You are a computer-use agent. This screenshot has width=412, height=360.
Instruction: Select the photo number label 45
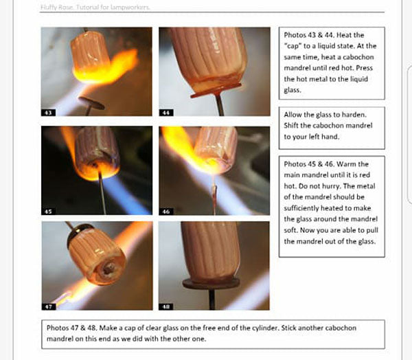(48, 212)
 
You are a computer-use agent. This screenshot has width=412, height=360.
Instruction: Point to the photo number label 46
(165, 212)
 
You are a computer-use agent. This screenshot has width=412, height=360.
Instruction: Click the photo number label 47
(48, 306)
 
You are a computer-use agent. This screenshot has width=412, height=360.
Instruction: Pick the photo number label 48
(165, 306)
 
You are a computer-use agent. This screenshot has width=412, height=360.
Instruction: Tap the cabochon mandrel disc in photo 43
(91, 104)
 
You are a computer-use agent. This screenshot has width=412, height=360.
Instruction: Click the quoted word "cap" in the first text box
(293, 46)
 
